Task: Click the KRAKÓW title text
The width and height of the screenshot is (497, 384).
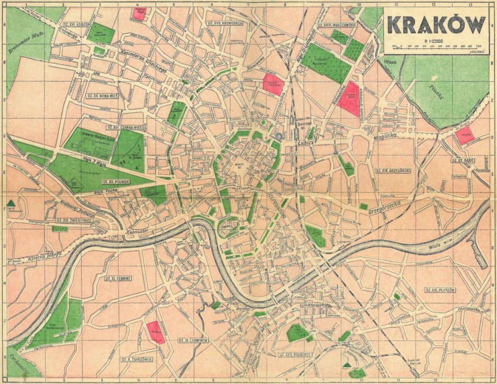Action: pos(436,25)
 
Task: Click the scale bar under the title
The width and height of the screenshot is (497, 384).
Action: pos(436,47)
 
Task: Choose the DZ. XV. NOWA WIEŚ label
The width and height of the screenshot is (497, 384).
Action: pos(102,96)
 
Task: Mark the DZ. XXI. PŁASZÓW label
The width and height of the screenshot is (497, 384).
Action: pos(440,290)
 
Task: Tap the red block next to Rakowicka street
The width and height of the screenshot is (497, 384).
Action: pos(349,99)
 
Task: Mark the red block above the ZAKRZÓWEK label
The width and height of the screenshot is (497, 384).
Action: pos(156,333)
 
